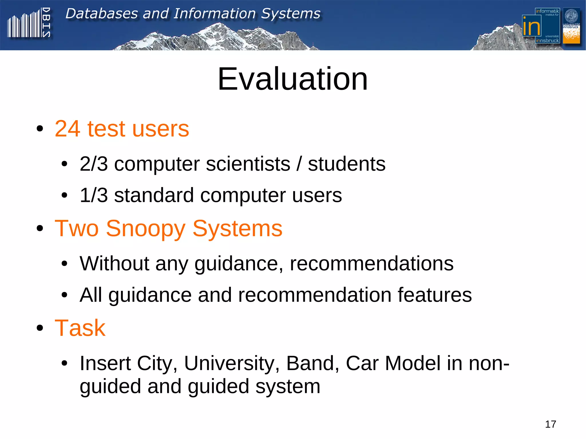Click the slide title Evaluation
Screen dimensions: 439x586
(292, 79)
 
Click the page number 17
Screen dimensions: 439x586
(550, 424)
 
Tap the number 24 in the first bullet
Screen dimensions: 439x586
(68, 129)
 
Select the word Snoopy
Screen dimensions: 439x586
(146, 229)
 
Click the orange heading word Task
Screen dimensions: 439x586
(80, 328)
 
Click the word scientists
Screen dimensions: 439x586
(248, 164)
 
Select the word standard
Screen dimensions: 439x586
(154, 195)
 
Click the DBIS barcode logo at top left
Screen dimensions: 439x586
(29, 24)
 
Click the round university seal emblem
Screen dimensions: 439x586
(571, 16)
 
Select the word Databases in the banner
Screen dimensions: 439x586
(102, 14)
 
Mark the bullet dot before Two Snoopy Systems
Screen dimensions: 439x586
(40, 229)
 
